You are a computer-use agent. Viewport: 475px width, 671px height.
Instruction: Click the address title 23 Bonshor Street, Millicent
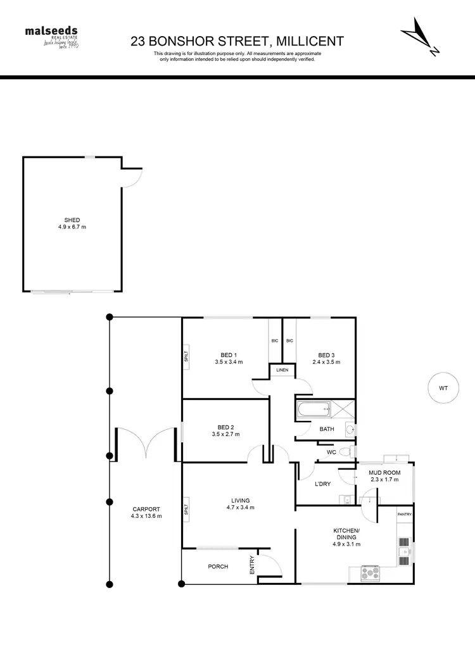(237, 42)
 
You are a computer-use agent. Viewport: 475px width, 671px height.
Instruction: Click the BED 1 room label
(229, 358)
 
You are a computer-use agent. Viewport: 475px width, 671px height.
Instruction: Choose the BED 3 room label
(326, 358)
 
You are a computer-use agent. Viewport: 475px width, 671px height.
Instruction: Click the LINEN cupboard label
(282, 370)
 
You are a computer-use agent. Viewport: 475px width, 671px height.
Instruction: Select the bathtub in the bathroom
(314, 411)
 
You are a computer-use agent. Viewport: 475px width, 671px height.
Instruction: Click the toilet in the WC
(345, 452)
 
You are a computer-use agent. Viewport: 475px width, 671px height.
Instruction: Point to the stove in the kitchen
(370, 573)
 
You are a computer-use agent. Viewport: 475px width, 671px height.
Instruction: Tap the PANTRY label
(405, 514)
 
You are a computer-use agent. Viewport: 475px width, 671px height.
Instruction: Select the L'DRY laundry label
(324, 484)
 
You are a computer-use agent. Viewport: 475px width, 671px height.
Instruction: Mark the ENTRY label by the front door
(252, 565)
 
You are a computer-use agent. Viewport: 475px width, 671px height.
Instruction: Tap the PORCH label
(218, 567)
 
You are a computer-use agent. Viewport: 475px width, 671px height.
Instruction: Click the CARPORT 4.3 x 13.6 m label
(147, 512)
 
